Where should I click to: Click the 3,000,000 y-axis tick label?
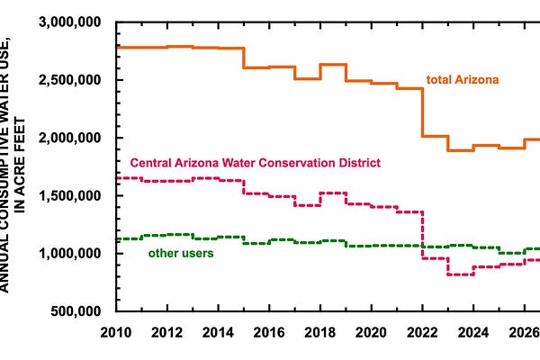[70, 22]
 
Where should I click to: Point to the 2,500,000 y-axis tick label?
[70, 80]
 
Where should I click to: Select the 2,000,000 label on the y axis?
[70, 138]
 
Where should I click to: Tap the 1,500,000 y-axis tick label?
[70, 195]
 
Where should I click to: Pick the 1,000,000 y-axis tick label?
[70, 254]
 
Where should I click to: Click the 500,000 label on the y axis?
[76, 311]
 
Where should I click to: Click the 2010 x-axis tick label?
[116, 332]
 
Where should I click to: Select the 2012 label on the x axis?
[167, 332]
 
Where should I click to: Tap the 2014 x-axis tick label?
[218, 332]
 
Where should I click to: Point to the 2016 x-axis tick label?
[269, 332]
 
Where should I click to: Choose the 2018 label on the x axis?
[319, 332]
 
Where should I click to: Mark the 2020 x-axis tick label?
[371, 332]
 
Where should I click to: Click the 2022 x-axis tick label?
[422, 332]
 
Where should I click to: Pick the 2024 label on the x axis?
[473, 332]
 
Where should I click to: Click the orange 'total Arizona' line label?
[463, 79]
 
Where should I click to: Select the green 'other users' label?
[181, 253]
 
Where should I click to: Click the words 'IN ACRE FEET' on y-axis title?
[20, 166]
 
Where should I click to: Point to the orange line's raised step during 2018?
[333, 65]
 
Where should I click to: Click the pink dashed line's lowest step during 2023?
[461, 274]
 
